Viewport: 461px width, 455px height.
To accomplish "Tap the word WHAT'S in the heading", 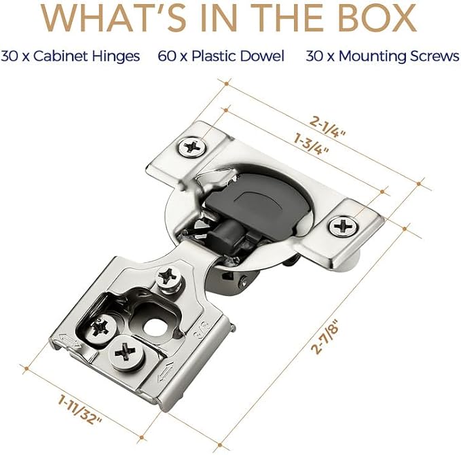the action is point(113,18).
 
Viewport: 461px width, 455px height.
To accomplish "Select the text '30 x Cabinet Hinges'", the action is point(70,56).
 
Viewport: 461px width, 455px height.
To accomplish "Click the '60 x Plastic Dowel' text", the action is point(221,56).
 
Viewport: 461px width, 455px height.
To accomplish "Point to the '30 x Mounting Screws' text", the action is point(382,56).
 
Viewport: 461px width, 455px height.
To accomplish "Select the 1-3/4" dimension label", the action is point(311,143).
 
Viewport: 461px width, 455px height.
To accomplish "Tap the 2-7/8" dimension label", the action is point(326,338).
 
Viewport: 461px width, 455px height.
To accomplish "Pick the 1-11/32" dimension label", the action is point(79,409).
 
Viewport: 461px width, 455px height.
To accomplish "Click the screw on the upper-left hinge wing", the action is point(192,147).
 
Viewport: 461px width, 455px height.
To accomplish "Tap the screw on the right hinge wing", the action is point(343,226).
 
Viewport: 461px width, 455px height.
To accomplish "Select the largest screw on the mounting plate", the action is point(126,352).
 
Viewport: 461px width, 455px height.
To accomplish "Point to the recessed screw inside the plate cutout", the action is point(100,327).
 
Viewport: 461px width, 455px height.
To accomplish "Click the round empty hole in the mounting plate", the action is point(153,327).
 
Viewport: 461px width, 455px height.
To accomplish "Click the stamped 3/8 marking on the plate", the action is point(202,329).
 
